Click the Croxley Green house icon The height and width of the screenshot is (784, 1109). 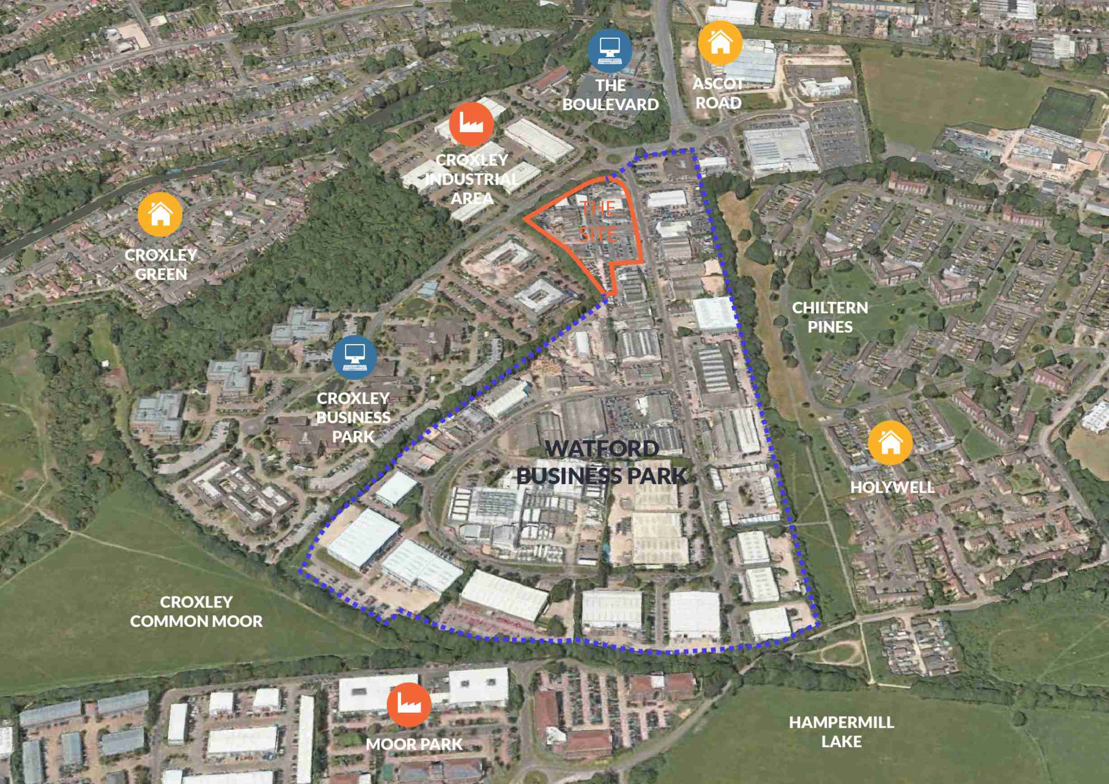coord(160,215)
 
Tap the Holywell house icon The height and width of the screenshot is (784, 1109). coord(890,442)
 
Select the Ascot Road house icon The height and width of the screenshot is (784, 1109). coord(720,43)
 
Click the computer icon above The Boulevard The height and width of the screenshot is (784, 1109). coord(610,50)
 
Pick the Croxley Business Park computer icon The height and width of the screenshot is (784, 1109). coord(355,357)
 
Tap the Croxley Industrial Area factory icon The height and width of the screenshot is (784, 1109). coord(471,124)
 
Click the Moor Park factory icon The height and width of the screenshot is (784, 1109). coord(409,705)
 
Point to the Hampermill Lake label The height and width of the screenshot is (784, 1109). coord(842,731)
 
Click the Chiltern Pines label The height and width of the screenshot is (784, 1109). coord(830,317)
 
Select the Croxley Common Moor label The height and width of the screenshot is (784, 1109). coord(196,611)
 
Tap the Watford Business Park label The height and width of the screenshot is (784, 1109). coord(602,462)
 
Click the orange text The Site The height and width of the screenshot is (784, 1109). coord(598,222)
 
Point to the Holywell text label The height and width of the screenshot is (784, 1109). coord(892,487)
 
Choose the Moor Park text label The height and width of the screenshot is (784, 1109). coord(414,744)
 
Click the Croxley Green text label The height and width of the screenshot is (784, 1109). coord(161,265)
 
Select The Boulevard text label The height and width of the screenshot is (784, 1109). coord(611,95)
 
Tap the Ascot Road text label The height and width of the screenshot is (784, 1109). coord(718,93)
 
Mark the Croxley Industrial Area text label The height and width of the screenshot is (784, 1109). coord(472,179)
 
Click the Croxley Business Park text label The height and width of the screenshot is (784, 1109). coord(353,417)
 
